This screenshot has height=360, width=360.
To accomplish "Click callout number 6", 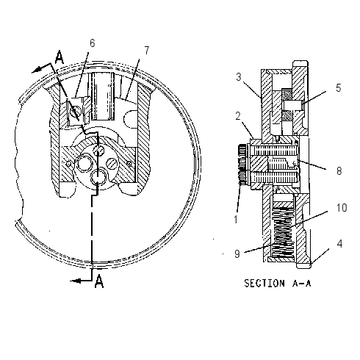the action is click(x=92, y=43).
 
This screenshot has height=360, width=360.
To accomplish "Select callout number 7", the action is click(x=146, y=51).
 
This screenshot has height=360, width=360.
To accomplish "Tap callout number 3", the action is click(x=239, y=77).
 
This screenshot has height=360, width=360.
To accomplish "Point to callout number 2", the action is click(x=238, y=116).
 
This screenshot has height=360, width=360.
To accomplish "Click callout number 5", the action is click(x=339, y=88).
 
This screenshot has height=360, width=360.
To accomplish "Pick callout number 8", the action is click(x=339, y=171).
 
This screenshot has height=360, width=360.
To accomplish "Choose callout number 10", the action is click(x=342, y=208).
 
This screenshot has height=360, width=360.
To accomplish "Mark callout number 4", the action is click(x=339, y=244).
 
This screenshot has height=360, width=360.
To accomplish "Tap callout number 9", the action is click(x=237, y=253).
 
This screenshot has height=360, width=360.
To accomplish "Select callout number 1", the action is click(x=236, y=220).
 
